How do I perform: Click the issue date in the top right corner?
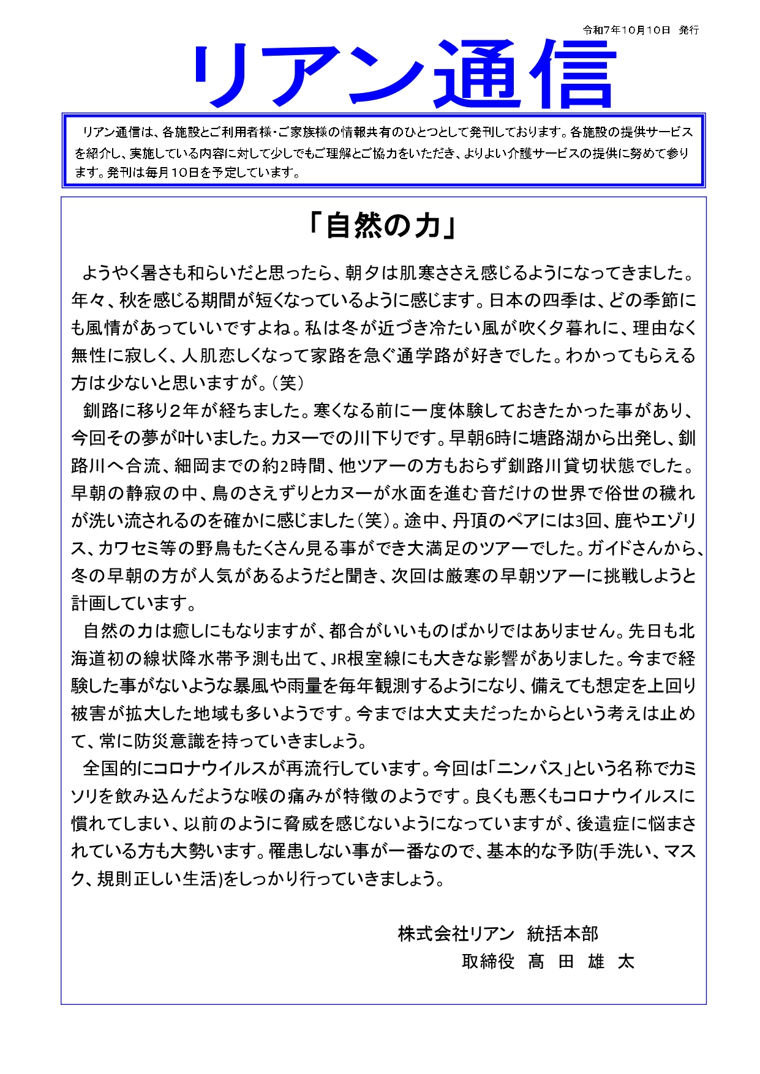pos(641,30)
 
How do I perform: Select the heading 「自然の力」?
pos(383,226)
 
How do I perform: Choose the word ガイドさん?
pos(629,548)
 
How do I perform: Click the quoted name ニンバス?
pos(530,769)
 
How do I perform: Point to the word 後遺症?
pos(603,824)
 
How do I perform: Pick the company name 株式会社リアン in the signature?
pos(456,934)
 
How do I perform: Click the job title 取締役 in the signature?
pos(488,961)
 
